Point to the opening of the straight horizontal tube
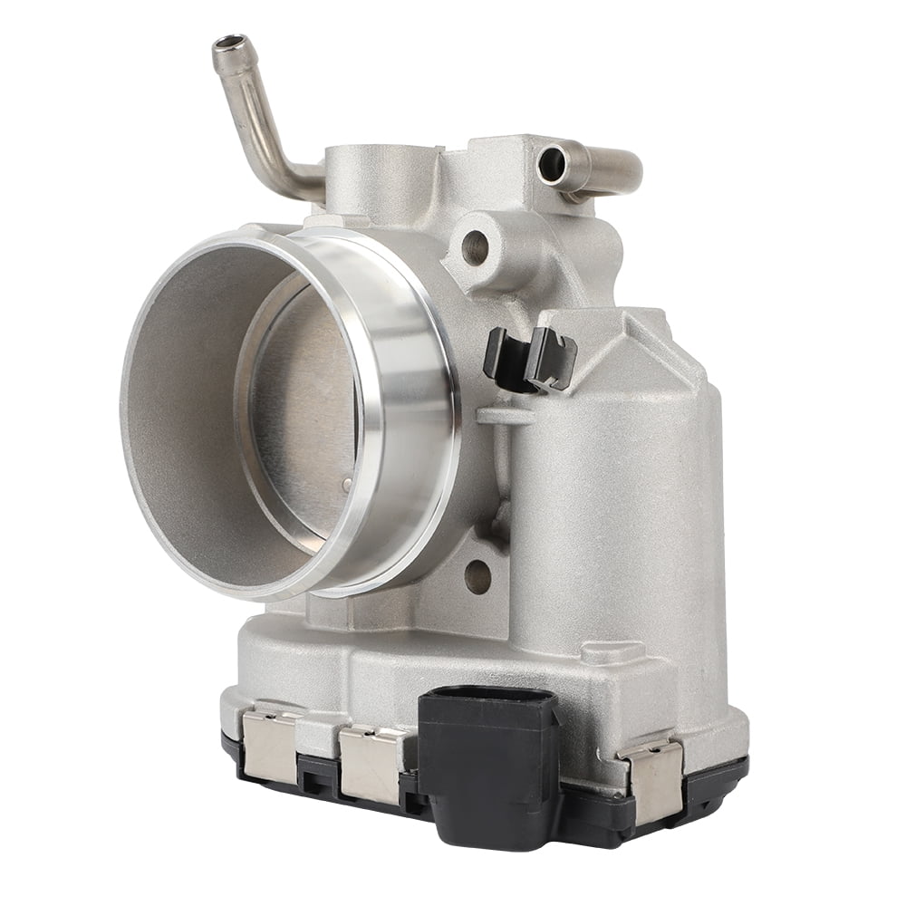click(x=552, y=164)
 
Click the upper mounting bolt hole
click(x=474, y=246)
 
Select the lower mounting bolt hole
click(x=477, y=574)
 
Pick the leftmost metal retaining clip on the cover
click(x=269, y=744)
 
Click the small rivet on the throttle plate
click(x=347, y=486)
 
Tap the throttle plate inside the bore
click(x=304, y=408)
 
